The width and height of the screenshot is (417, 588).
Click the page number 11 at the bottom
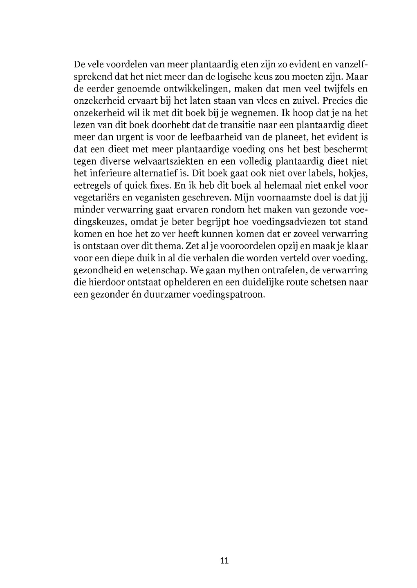224,560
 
